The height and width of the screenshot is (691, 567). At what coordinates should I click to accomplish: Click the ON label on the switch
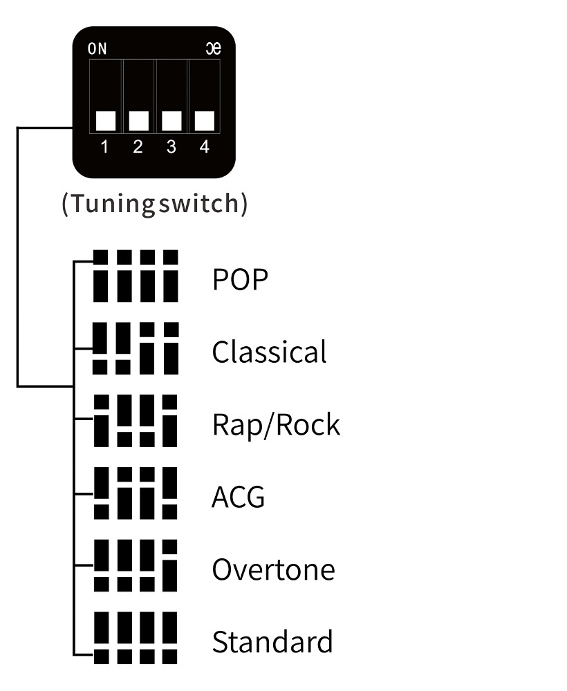(x=97, y=48)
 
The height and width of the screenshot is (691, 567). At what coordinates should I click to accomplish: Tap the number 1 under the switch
(x=104, y=146)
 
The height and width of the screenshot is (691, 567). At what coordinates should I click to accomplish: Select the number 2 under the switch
(x=138, y=146)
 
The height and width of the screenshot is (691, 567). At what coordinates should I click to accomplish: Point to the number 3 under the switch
(x=171, y=146)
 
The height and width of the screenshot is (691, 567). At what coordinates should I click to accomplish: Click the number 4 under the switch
(x=204, y=146)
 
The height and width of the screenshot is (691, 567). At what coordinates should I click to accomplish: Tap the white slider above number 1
(x=106, y=121)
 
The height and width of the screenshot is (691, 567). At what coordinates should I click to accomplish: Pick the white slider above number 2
(x=139, y=121)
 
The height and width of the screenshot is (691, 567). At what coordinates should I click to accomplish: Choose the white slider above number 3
(x=171, y=121)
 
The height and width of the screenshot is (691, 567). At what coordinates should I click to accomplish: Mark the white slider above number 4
(x=205, y=121)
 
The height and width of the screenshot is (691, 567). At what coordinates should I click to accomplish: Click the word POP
(x=241, y=279)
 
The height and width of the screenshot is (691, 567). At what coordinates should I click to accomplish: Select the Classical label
(x=270, y=352)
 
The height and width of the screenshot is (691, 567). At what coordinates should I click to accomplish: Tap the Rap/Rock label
(x=277, y=425)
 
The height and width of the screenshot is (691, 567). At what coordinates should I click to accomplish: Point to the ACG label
(x=238, y=497)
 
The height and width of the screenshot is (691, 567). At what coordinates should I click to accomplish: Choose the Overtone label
(x=274, y=569)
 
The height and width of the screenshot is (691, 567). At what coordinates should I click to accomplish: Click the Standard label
(x=272, y=642)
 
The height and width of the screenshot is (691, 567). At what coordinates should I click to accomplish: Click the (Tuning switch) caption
(x=155, y=203)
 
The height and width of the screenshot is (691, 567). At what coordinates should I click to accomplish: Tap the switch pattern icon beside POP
(x=136, y=276)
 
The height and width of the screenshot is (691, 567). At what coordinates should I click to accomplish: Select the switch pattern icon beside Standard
(x=136, y=638)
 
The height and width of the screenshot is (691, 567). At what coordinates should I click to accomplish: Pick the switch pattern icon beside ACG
(x=136, y=493)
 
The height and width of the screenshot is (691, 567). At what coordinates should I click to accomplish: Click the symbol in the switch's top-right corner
(x=214, y=48)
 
